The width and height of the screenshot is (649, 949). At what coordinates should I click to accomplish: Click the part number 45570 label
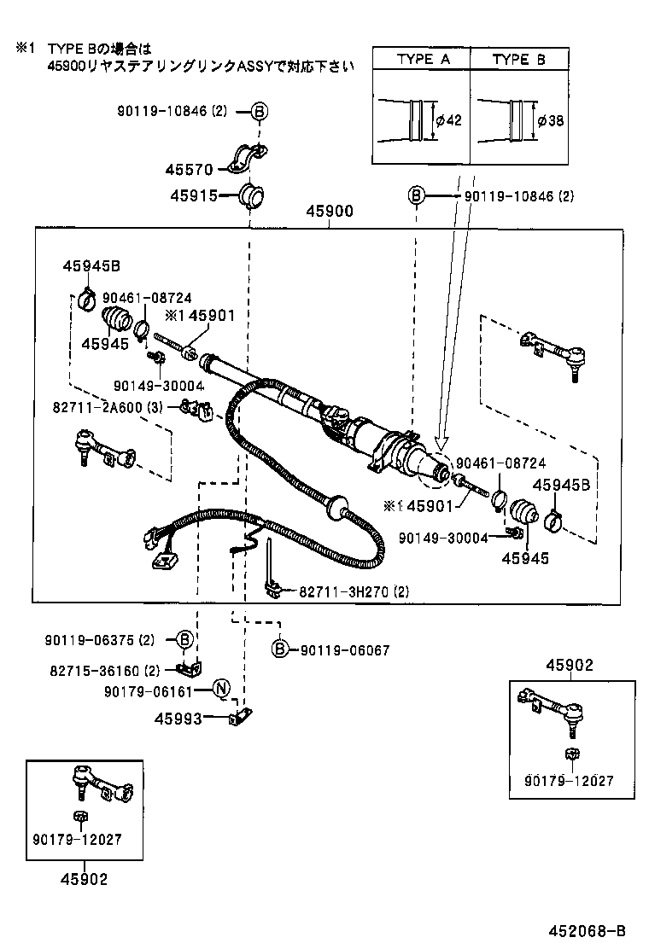tap(189, 169)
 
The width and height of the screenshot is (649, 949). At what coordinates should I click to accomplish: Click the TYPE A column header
tap(423, 59)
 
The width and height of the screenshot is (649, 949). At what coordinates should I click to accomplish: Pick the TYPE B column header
tap(519, 59)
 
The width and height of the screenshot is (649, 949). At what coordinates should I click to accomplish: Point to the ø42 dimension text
tap(448, 120)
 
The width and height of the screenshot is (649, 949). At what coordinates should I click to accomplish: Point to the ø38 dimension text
tap(551, 120)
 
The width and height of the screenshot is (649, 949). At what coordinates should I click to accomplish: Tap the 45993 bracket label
tap(178, 719)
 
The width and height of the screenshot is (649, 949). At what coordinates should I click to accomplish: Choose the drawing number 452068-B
tap(586, 930)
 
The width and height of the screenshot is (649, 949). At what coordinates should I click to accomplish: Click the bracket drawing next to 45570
tap(247, 160)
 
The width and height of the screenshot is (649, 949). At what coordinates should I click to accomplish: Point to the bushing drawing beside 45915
tap(250, 195)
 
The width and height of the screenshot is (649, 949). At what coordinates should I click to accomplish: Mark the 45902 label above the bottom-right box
tap(570, 666)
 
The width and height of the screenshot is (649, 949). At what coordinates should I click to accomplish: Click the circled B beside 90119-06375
tap(185, 639)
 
